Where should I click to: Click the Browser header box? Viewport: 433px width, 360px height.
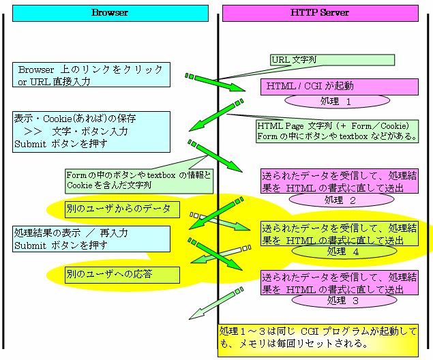(x=109, y=13)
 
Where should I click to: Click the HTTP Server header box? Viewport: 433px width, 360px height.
(x=320, y=13)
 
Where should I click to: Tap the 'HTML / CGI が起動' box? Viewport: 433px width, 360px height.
(x=339, y=87)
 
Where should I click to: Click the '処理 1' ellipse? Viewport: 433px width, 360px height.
(x=337, y=101)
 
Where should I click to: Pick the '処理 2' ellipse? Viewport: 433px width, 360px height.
(x=340, y=200)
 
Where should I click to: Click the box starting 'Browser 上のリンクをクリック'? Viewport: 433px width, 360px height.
(x=91, y=75)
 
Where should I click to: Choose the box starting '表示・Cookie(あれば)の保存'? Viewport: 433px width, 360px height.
(x=91, y=131)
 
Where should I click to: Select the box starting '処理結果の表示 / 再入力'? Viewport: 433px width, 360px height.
(x=91, y=239)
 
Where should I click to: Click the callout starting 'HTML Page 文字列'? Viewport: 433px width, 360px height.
(x=338, y=131)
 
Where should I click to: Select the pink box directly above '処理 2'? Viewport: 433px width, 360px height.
(x=340, y=181)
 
